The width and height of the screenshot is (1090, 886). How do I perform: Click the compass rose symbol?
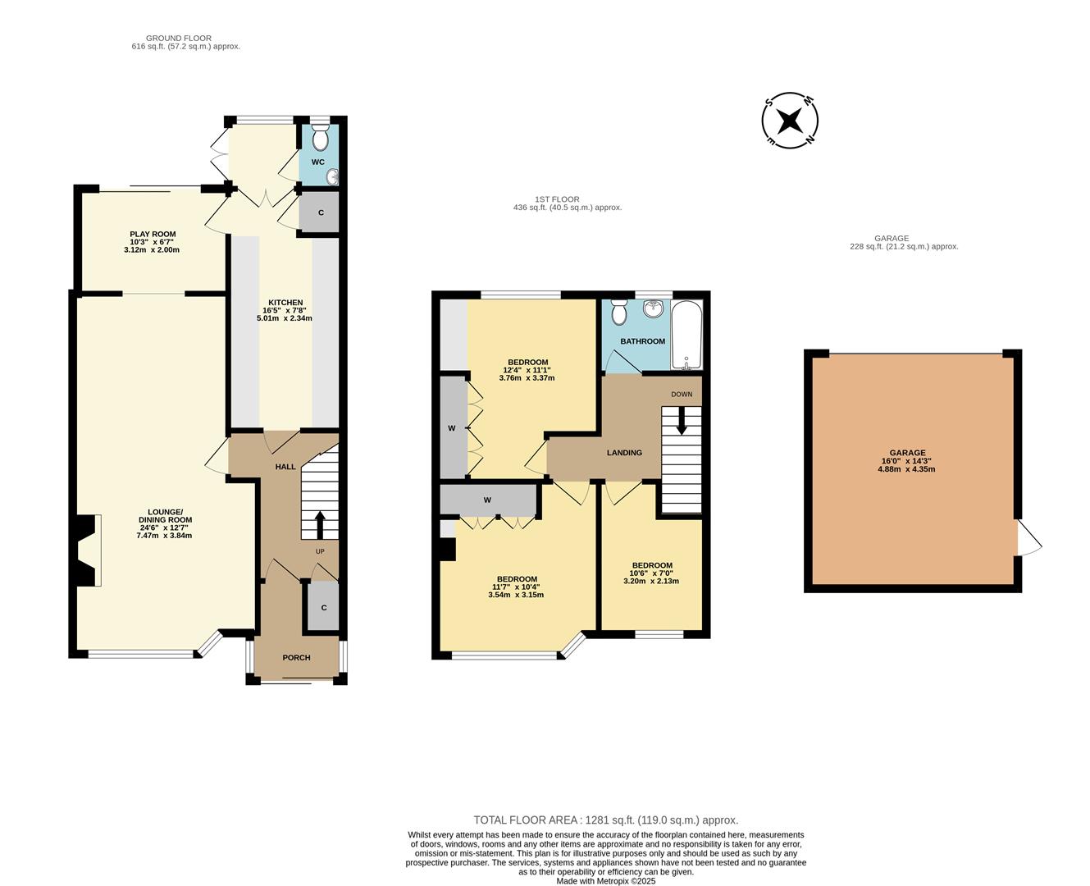tap(790, 121)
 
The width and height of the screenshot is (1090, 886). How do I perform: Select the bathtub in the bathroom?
tap(686, 336)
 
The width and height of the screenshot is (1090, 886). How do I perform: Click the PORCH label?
tap(296, 657)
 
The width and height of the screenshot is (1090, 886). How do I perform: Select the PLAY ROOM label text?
tap(153, 234)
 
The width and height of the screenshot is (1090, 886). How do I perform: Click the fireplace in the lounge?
tap(86, 550)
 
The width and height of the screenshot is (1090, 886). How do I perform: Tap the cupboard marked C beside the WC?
tap(321, 213)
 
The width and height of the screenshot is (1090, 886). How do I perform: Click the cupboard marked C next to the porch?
tap(324, 608)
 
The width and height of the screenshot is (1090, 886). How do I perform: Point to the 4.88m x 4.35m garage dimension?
tap(908, 469)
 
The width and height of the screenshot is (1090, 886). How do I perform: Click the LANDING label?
tap(624, 453)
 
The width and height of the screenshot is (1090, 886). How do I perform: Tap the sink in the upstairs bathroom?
tap(654, 309)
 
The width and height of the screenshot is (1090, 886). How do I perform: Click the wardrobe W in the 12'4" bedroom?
tap(452, 427)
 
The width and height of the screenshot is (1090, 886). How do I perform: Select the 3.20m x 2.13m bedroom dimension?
tap(651, 581)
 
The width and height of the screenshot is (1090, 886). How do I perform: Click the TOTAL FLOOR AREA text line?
tap(605, 820)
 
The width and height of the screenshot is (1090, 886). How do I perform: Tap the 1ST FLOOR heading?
tap(557, 199)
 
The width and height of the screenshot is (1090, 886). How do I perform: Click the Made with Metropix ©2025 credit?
tap(605, 881)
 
